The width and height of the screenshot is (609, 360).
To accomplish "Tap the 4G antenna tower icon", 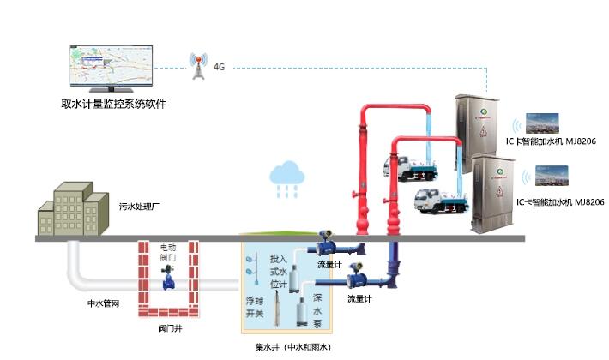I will coord(198,65).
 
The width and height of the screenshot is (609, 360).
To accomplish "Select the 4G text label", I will coord(219,66).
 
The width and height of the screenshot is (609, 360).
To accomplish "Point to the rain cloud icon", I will coord(286,175).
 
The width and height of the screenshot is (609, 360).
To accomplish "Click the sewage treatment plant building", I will coord(72,207).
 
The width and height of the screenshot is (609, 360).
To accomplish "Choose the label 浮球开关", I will coord(255,307).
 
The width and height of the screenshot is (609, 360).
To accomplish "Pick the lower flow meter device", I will coord(355,276).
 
